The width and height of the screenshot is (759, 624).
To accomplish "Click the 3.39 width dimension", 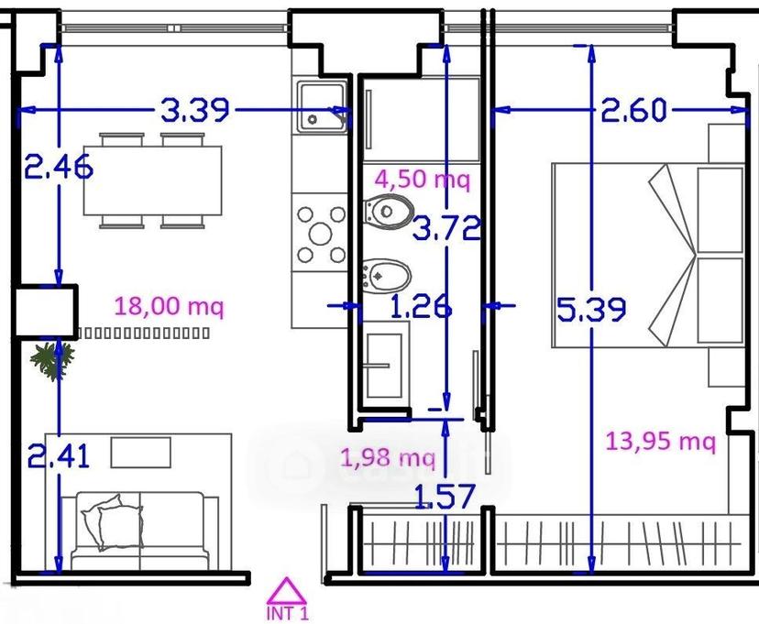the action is (x=194, y=110).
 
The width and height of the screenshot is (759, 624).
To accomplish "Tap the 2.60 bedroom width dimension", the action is (x=633, y=110).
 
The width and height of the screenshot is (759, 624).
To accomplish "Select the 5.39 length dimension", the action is (x=591, y=310).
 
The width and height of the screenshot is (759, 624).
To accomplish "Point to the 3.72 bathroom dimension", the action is (x=446, y=228).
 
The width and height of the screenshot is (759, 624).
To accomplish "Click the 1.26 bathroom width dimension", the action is (x=421, y=307).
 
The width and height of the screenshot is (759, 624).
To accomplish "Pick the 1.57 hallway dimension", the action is (x=445, y=497).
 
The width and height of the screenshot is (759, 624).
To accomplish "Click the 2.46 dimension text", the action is (x=59, y=167).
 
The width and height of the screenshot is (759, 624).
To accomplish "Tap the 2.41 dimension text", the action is (x=59, y=456).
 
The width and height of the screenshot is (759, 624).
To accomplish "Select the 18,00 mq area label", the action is (x=170, y=307).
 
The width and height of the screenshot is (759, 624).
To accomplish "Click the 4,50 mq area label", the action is (x=422, y=180).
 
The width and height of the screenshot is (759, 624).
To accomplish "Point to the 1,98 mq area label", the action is (x=389, y=457).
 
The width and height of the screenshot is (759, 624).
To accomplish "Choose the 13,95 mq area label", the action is (x=661, y=441).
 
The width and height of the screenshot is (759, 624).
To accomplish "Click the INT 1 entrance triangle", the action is (x=287, y=589).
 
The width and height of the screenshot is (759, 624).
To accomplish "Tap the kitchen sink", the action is (x=322, y=107).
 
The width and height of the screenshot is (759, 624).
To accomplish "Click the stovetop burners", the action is (x=321, y=235).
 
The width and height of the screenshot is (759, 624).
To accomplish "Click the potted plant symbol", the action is (x=52, y=360).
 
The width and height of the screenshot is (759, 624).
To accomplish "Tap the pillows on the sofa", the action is (x=113, y=522).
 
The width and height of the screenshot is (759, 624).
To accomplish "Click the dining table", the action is (x=152, y=181).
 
